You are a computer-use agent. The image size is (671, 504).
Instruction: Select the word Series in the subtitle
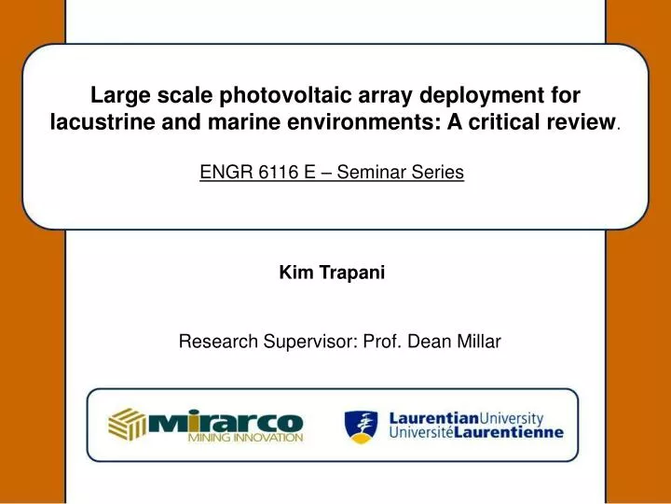(x=439, y=173)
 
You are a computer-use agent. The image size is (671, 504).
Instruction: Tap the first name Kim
(x=294, y=273)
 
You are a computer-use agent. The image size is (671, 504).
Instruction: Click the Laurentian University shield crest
(x=363, y=425)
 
